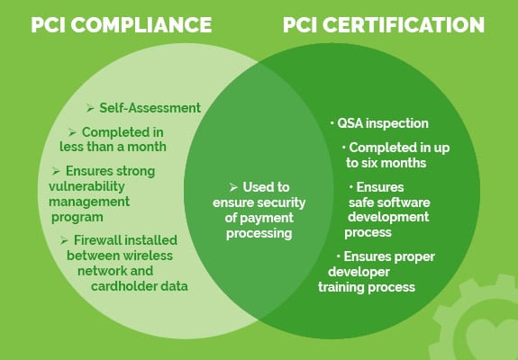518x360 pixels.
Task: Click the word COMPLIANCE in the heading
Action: (141, 24)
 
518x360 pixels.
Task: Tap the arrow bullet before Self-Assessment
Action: (90, 108)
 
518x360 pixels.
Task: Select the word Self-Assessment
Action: (150, 108)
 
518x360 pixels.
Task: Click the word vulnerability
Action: (86, 186)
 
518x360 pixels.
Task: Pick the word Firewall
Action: (97, 240)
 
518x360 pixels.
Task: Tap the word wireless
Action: (148, 256)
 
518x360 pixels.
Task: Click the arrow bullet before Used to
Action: (233, 187)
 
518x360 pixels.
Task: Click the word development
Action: (388, 217)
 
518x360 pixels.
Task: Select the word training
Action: (341, 287)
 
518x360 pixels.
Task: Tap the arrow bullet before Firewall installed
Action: (64, 240)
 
